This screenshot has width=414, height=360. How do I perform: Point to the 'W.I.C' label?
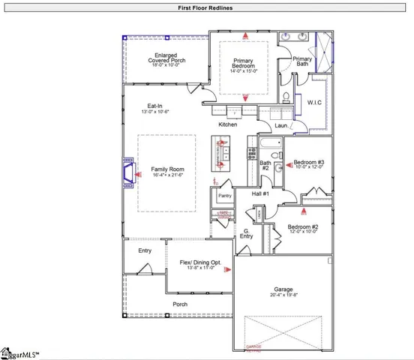[315, 102]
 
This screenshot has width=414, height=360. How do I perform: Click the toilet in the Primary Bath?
[287, 96]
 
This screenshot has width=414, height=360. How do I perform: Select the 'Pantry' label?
[224, 196]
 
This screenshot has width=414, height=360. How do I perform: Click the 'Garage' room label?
[283, 289]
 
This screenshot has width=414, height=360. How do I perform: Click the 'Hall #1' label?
[260, 194]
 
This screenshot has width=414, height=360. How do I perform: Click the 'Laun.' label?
[281, 126]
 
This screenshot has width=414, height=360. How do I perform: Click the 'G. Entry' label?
[247, 234]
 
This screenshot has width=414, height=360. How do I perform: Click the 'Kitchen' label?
[228, 124]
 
